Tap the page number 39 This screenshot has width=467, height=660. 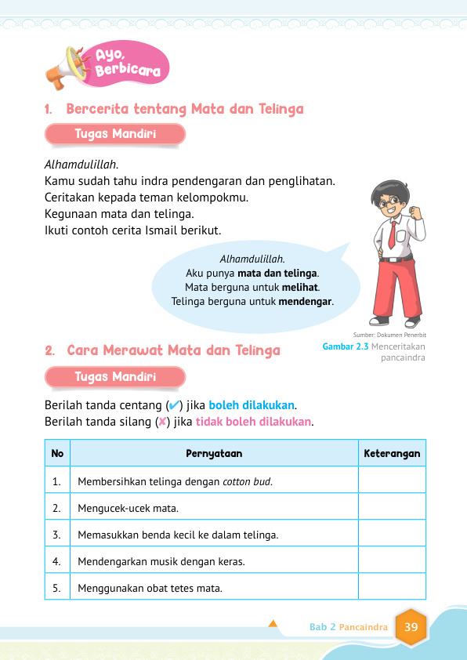(x=411, y=627)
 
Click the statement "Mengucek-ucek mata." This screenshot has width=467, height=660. (x=128, y=508)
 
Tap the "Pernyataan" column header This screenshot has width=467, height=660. (x=214, y=454)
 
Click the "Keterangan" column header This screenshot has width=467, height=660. (x=392, y=454)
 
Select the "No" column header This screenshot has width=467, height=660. (x=57, y=454)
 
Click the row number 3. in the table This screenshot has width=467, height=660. (x=57, y=535)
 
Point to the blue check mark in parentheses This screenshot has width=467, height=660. (x=175, y=405)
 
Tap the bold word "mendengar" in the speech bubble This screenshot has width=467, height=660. (x=306, y=301)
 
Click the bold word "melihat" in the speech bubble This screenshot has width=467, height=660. (x=301, y=287)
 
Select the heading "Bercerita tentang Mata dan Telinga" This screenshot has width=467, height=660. (x=185, y=110)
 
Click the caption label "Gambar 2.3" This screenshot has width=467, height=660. (x=346, y=346)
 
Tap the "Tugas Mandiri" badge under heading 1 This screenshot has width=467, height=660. (x=115, y=134)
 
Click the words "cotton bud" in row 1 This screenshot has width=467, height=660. (x=248, y=481)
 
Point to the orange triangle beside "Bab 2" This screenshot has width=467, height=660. (x=273, y=625)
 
